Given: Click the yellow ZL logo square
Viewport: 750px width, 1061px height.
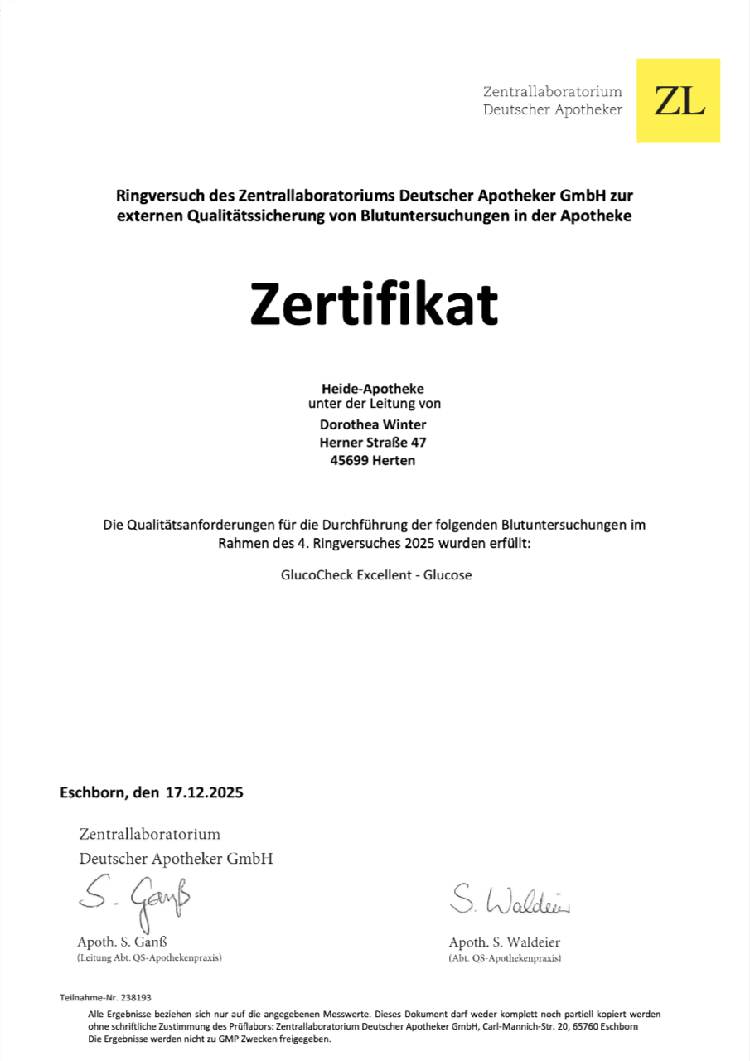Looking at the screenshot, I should pos(678,100).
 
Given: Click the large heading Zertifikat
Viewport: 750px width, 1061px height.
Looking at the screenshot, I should pos(375,304).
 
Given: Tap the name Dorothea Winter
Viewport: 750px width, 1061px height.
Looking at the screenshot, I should pos(373,424).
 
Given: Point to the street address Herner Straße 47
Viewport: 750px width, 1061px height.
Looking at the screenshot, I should pos(373,443).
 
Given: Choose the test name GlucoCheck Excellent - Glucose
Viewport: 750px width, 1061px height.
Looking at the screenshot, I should pos(375,574).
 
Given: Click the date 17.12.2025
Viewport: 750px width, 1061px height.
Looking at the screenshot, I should pos(204,792).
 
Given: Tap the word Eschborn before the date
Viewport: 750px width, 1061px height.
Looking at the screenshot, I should pos(93,792).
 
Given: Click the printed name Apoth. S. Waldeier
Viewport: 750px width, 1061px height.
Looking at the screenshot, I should pos(504,942).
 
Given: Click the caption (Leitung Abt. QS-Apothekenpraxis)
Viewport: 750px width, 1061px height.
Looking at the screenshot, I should pos(149,957).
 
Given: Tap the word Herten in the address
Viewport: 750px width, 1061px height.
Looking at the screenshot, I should pos(394,461).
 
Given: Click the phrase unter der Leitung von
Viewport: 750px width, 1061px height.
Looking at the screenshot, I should pos(374,405).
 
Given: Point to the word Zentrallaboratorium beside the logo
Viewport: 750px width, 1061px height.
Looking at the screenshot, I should pos(552,91).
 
